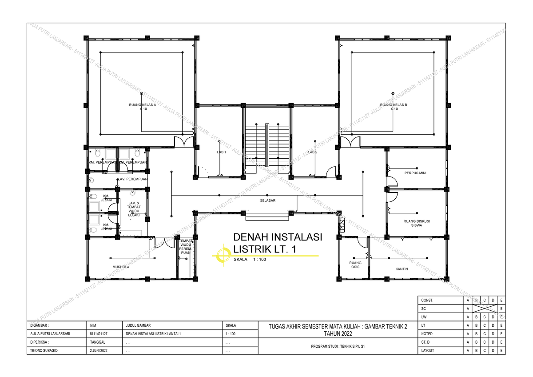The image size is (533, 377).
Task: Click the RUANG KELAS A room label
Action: pos(142,105)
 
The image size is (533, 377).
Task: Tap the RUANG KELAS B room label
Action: pos(394,105)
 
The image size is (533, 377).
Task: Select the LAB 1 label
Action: pos(222,152)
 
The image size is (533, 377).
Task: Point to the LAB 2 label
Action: pos(313,152)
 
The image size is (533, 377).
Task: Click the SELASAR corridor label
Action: pos(268,201)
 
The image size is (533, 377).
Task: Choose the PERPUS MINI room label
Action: pos(415,173)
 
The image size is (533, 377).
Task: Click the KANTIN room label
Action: pos(402,269)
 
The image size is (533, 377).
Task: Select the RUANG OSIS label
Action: pos(355,265)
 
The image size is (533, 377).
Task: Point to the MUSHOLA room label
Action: pos(120,267)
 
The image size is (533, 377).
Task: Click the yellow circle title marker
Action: pos(221,255)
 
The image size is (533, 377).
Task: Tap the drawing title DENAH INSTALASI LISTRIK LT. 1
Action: pos(278,243)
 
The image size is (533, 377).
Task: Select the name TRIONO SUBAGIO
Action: pos(47,350)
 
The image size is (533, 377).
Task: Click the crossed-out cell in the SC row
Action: pos(484,309)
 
